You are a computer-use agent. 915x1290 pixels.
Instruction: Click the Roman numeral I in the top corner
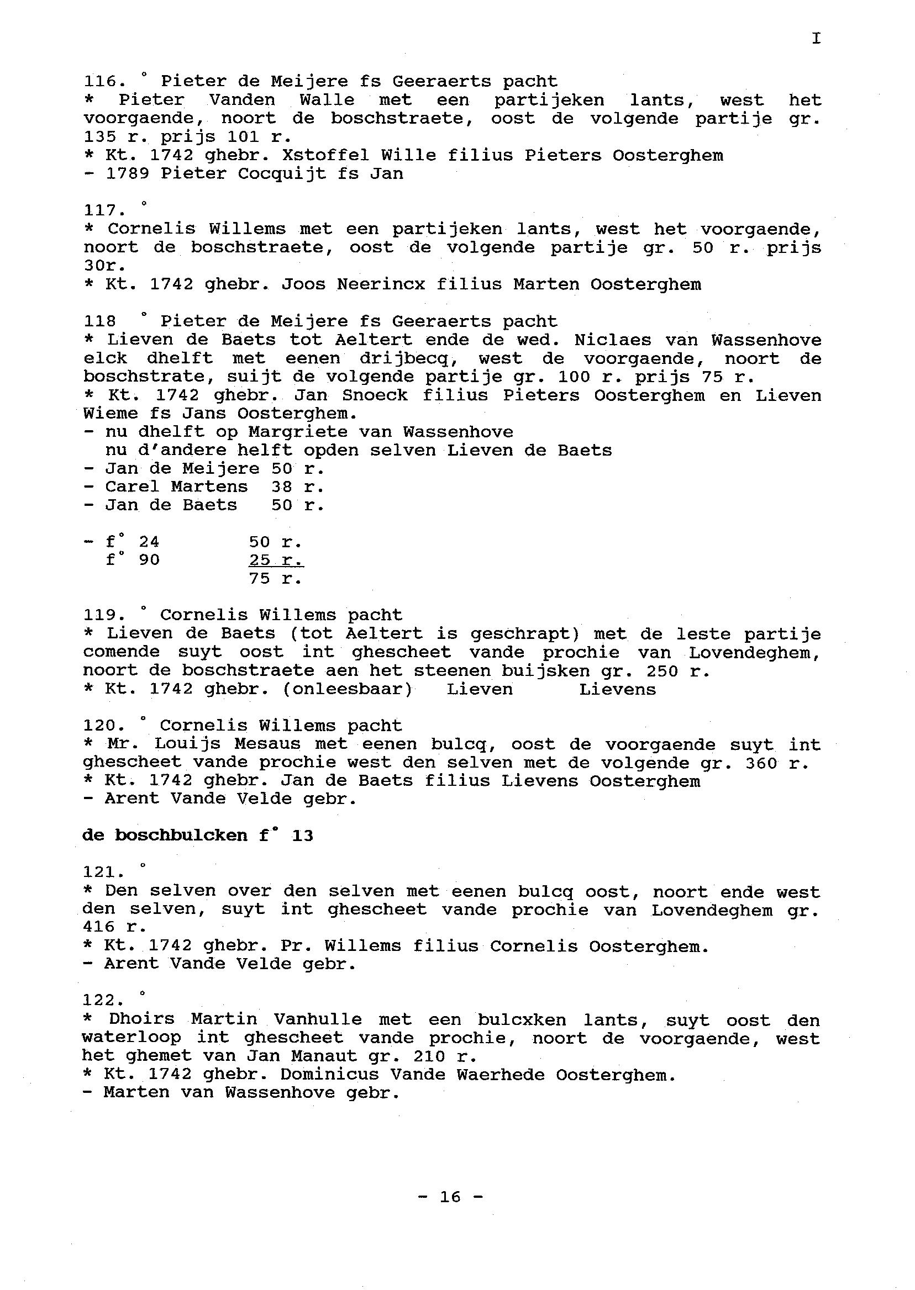tap(816, 38)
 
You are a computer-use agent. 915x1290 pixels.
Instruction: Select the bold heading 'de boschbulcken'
tap(165, 835)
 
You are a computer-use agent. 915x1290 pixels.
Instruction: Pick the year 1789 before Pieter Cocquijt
tap(127, 173)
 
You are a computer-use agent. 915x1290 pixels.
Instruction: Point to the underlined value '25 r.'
tap(276, 561)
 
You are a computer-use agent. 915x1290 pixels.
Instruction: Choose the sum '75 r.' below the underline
tap(276, 578)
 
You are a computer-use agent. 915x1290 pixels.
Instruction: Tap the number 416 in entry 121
tap(98, 927)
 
